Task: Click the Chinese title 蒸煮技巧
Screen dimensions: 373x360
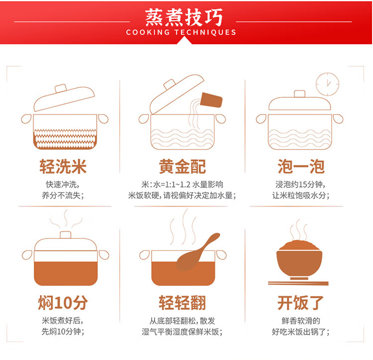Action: [x=184, y=17]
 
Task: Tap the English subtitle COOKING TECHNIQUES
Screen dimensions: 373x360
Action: [x=181, y=32]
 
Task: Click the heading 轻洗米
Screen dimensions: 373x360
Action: [x=63, y=166]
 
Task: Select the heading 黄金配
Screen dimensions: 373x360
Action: [x=182, y=166]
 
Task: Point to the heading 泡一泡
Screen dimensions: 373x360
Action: [x=301, y=166]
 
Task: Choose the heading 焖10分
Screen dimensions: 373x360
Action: [x=63, y=303]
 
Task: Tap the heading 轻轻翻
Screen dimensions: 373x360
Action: [x=182, y=303]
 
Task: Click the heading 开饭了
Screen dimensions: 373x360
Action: [x=300, y=303]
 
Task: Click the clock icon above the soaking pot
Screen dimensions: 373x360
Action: [x=327, y=84]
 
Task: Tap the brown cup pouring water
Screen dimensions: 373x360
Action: [x=211, y=100]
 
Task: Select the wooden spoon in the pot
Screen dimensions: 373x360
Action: [x=197, y=252]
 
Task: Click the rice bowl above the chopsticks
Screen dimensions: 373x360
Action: [x=299, y=260]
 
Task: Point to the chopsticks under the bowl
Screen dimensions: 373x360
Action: [x=298, y=283]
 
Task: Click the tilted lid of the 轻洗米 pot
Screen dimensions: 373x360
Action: [x=64, y=98]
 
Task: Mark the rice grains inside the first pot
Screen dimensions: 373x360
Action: [x=65, y=139]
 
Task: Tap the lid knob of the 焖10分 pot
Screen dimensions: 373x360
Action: [x=66, y=235]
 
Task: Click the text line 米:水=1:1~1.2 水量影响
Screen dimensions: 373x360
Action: [x=182, y=184]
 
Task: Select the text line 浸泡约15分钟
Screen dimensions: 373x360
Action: [x=300, y=184]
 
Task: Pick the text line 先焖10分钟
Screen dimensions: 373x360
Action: [x=63, y=332]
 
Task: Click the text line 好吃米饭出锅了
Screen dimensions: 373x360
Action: [x=301, y=332]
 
